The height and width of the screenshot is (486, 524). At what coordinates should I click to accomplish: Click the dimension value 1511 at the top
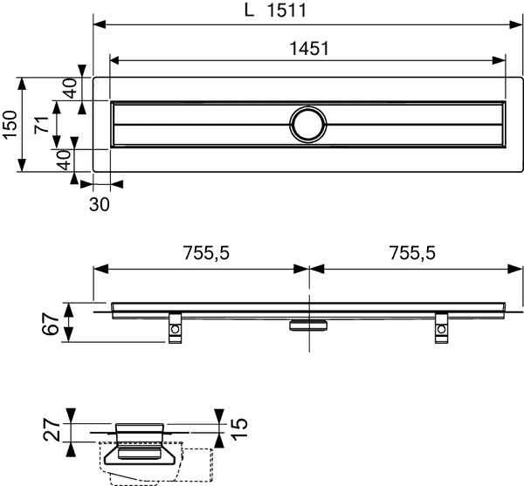pyautogui.click(x=286, y=10)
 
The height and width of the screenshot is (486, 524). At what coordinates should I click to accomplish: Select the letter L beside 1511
pyautogui.click(x=249, y=10)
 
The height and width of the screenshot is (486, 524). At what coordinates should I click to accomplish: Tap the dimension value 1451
pyautogui.click(x=309, y=48)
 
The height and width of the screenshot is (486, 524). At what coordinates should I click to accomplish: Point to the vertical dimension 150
pyautogui.click(x=10, y=124)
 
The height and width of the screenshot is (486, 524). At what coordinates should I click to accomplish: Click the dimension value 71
pyautogui.click(x=42, y=125)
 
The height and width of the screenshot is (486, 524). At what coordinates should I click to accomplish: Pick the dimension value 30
pyautogui.click(x=100, y=204)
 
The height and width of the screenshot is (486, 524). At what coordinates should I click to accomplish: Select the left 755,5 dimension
pyautogui.click(x=206, y=253)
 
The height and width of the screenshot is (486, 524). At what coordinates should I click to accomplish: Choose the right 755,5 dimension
pyautogui.click(x=412, y=253)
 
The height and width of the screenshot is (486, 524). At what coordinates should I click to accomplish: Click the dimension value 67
pyautogui.click(x=51, y=324)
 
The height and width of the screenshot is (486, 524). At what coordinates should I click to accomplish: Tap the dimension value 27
pyautogui.click(x=52, y=431)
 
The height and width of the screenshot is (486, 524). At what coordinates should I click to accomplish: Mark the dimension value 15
pyautogui.click(x=239, y=428)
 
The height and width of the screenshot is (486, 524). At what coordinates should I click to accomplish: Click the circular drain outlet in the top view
pyautogui.click(x=307, y=125)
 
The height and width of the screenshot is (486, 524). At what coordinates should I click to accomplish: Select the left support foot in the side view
pyautogui.click(x=175, y=328)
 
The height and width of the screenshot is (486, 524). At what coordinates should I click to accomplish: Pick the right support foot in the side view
pyautogui.click(x=441, y=328)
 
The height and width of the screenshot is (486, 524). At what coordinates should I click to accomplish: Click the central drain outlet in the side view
pyautogui.click(x=308, y=325)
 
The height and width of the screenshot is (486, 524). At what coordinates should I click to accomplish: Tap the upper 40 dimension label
pyautogui.click(x=70, y=88)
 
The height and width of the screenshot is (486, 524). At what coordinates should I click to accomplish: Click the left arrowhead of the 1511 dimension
pyautogui.click(x=100, y=24)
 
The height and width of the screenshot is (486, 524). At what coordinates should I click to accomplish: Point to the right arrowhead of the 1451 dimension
pyautogui.click(x=499, y=60)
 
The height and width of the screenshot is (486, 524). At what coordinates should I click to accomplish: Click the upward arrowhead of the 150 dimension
pyautogui.click(x=22, y=84)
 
